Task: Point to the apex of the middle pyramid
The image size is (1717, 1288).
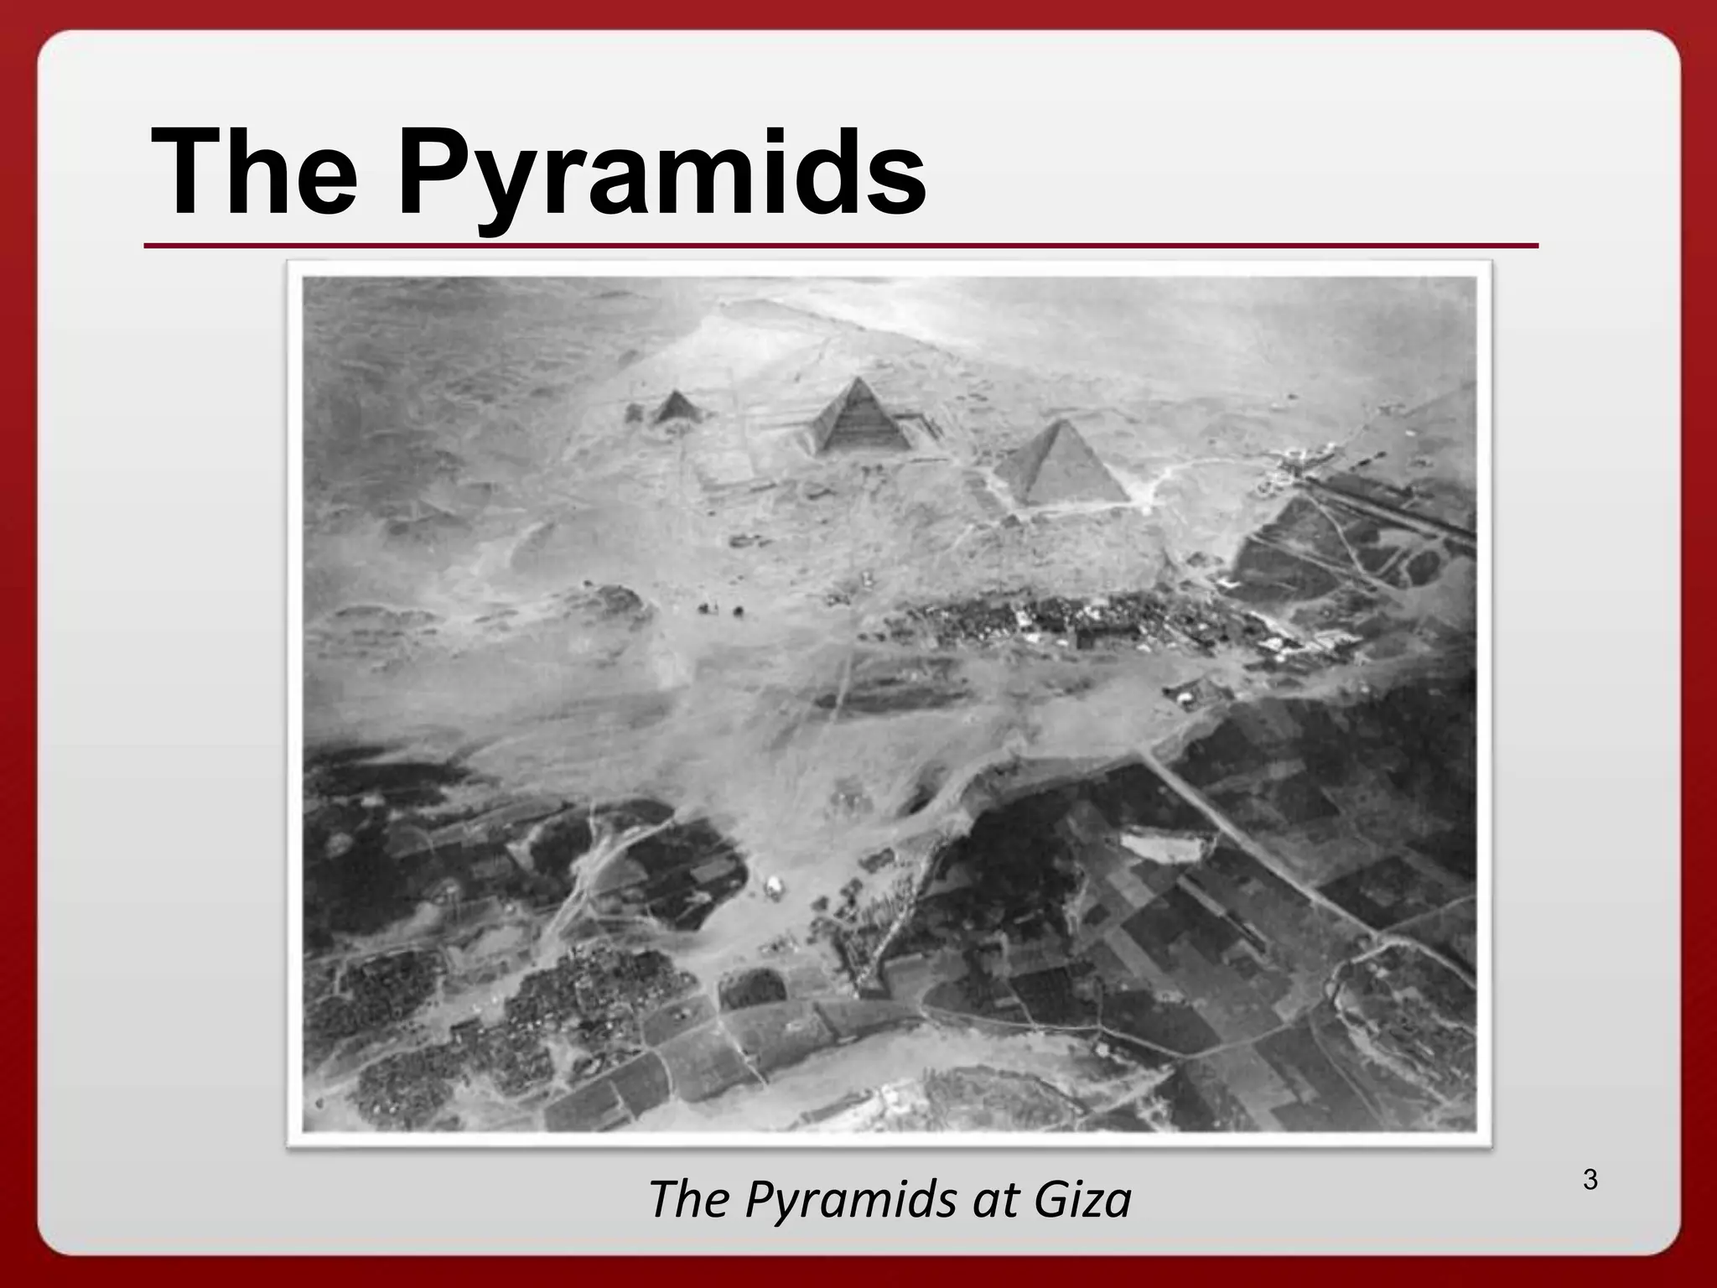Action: click(858, 380)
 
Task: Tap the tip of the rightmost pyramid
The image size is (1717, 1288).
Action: click(1058, 423)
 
